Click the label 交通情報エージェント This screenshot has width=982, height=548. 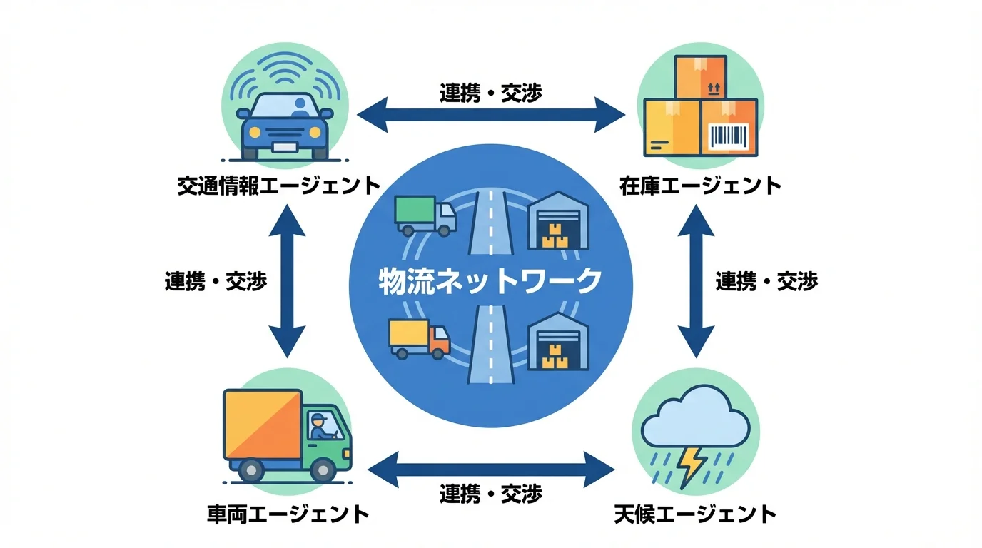coord(279,186)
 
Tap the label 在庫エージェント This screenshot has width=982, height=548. coord(700,186)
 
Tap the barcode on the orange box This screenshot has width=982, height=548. coord(729,136)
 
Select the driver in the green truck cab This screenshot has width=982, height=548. coord(320,426)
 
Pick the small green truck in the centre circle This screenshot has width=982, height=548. coord(425,215)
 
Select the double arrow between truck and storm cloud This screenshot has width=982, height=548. coord(492,469)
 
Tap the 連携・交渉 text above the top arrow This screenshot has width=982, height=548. coord(491,93)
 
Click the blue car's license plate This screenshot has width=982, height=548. coord(284,148)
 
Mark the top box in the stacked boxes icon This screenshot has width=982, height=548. coord(699,77)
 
